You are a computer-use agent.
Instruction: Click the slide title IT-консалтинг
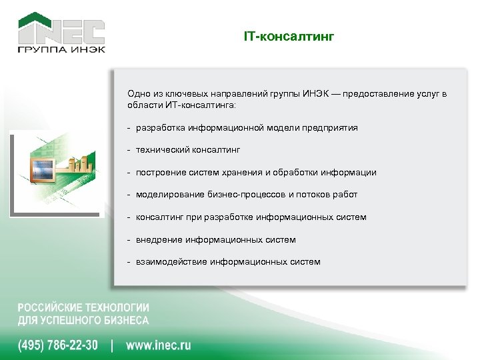[288, 36]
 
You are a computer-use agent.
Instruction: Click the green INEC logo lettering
[61, 31]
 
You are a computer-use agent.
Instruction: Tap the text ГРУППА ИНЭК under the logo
[61, 49]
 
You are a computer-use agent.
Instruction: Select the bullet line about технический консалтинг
[187, 150]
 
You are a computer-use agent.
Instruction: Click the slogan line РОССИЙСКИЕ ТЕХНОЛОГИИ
[83, 308]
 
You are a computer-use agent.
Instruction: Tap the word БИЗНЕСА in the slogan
[125, 320]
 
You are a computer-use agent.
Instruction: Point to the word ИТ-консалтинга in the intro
[199, 105]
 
